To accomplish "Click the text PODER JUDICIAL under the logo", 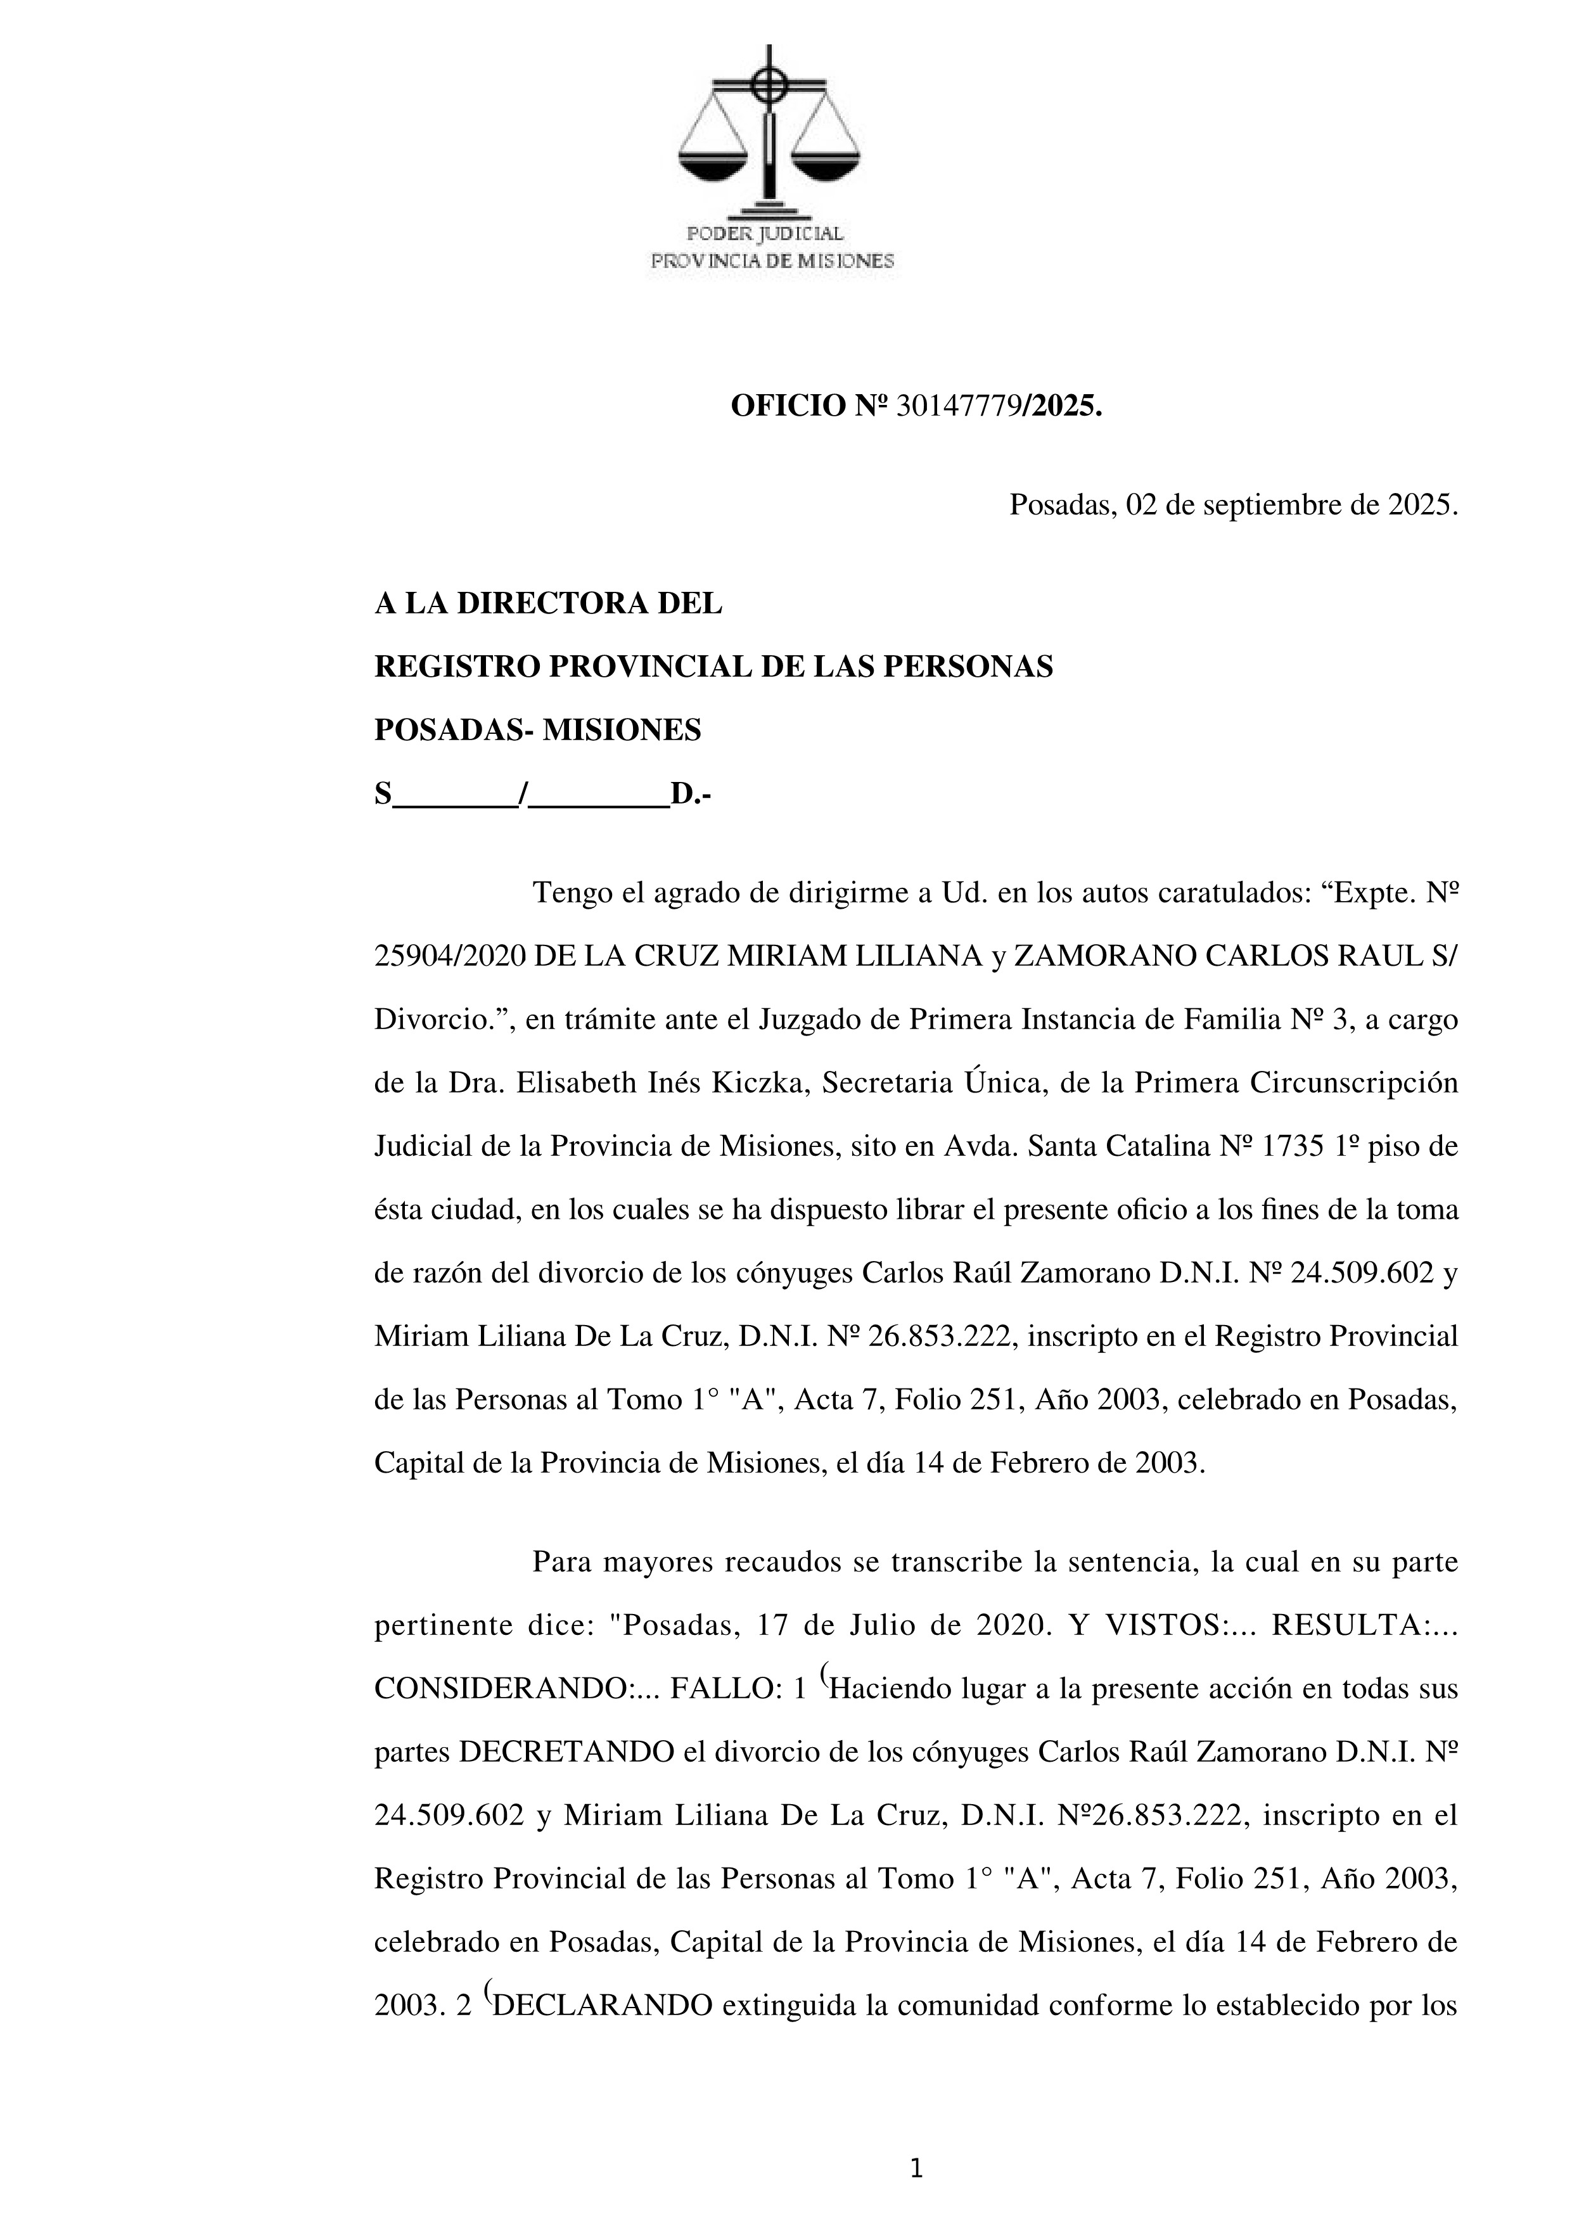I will click(765, 233).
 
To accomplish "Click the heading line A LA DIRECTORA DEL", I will click(548, 604).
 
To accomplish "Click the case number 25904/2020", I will click(450, 957).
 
